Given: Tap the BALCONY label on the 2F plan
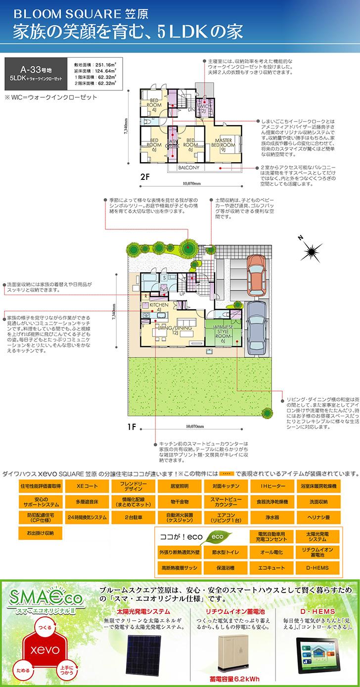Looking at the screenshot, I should coord(189,168).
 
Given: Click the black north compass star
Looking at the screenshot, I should coord(312,251).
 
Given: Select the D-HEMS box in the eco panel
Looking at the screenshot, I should coord(316,567).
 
